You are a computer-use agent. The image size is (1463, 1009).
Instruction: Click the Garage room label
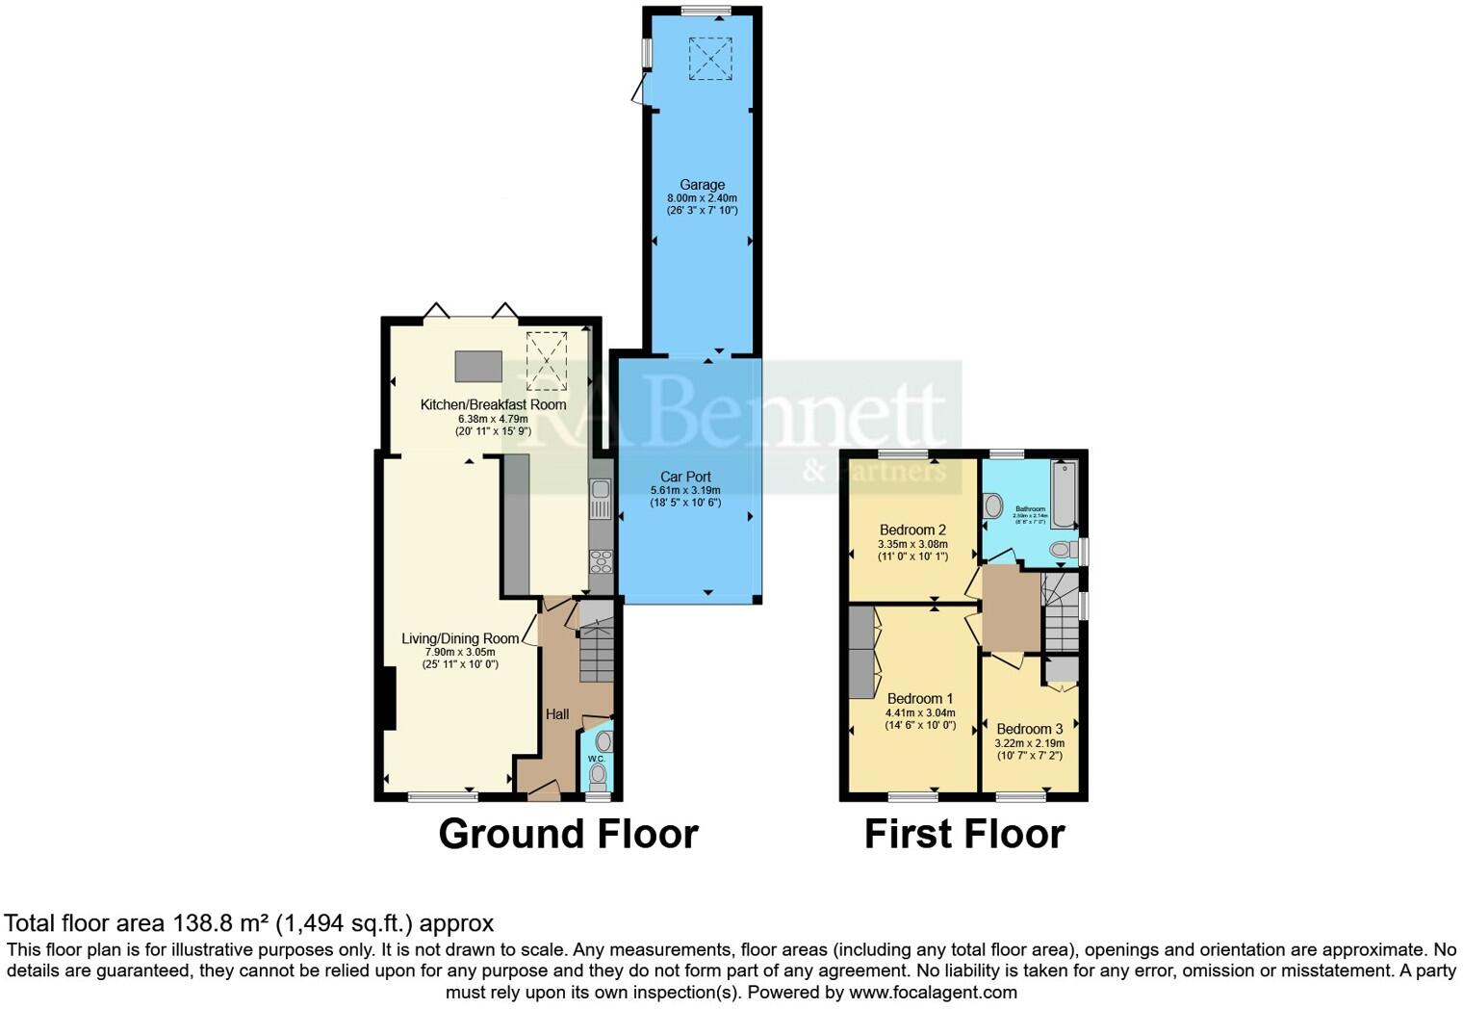tap(702, 185)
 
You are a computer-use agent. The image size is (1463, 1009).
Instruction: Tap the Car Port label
tap(685, 477)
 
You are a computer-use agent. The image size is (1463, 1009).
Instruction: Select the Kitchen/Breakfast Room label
tap(493, 404)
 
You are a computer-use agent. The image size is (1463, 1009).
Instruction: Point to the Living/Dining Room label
tap(460, 638)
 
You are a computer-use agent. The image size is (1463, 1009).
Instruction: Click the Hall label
tap(557, 714)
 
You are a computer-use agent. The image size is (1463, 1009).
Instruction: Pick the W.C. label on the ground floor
tap(596, 760)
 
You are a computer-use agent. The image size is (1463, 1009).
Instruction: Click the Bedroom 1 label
tap(919, 699)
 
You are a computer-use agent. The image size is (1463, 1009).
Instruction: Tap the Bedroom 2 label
tap(912, 530)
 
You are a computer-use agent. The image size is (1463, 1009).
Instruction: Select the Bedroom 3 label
tap(1029, 729)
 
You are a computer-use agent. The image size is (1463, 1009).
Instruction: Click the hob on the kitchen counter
tap(602, 560)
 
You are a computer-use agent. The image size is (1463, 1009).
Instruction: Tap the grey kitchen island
tap(478, 366)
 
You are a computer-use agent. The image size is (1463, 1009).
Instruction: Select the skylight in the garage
tap(710, 58)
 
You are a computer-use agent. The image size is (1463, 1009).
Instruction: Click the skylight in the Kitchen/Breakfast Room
tap(547, 360)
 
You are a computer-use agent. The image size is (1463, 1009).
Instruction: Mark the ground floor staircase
tap(596, 645)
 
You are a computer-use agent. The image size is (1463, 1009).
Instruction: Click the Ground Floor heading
tap(568, 834)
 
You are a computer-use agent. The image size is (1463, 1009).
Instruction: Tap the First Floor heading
tap(964, 834)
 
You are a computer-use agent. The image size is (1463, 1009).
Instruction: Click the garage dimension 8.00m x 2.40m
tap(702, 198)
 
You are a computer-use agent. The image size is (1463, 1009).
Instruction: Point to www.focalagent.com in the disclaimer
tap(932, 992)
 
